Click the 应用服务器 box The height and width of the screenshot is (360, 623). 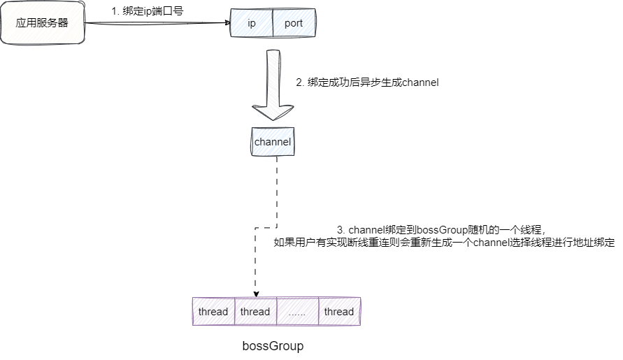coord(43,23)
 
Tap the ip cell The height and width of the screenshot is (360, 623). coord(252,23)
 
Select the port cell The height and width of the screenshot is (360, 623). coord(294,23)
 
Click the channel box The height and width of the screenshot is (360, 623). coord(273,142)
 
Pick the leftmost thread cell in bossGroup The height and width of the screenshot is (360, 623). coord(213,312)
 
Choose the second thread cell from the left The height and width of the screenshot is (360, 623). coord(255,312)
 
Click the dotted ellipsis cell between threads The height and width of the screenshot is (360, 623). coord(297,312)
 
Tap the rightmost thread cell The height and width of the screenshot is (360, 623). coord(339,312)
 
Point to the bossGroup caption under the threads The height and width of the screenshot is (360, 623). coord(273,346)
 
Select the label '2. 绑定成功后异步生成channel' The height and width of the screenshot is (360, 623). coord(367,82)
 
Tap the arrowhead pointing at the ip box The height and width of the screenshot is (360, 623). coord(227,23)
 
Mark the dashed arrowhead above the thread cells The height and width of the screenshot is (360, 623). coord(256,293)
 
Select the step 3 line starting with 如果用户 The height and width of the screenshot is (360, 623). coord(443,243)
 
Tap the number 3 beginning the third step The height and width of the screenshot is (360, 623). coord(340,229)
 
